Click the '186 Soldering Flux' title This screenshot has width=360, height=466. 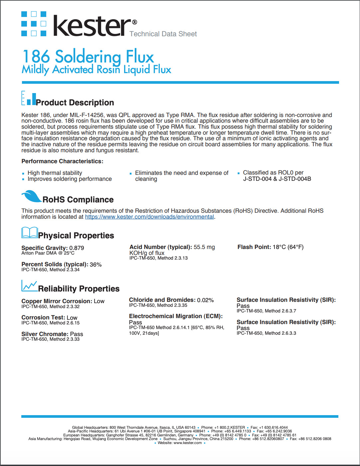[88, 57]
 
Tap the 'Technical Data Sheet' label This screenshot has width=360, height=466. [163, 34]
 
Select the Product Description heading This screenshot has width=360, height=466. [75, 103]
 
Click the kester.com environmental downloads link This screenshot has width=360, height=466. [149, 217]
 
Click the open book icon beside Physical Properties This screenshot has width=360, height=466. [29, 232]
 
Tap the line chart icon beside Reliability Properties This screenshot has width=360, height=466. [29, 286]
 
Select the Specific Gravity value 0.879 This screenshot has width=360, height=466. [77, 248]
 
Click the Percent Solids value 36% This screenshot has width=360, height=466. [95, 265]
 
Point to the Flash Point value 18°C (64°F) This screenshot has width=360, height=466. [288, 247]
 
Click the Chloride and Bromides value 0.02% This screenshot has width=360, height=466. [205, 300]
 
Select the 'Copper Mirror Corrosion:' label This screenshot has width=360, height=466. [57, 301]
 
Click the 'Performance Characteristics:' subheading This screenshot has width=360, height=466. [62, 161]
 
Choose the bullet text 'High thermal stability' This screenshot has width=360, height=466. [55, 173]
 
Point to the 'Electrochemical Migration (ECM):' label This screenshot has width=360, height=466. [176, 316]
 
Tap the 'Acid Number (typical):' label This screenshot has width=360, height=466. [160, 247]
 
